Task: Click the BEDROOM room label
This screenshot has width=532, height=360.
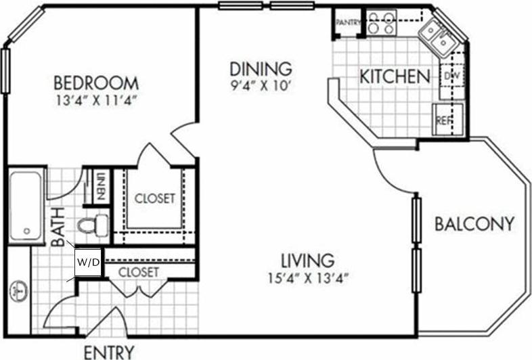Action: pos(96,84)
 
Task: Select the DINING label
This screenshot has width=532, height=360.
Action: pos(261,69)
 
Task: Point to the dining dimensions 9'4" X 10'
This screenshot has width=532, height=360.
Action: pos(261,86)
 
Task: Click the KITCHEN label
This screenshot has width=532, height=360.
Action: pos(395,76)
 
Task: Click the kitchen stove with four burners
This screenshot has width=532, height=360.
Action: pos(380,23)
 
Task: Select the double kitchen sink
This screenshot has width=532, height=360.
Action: pos(437,37)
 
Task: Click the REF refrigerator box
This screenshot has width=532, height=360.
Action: pos(443,120)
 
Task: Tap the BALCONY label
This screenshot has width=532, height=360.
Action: pos(474,223)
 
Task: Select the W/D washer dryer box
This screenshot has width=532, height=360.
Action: pos(87,261)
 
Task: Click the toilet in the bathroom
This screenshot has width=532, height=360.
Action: pos(93,225)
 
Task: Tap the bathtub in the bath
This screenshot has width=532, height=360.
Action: pos(26,206)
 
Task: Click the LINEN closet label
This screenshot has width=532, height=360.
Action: pos(99,187)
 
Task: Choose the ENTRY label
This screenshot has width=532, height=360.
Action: pos(109,352)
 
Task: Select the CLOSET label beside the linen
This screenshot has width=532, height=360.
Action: pos(155,199)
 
